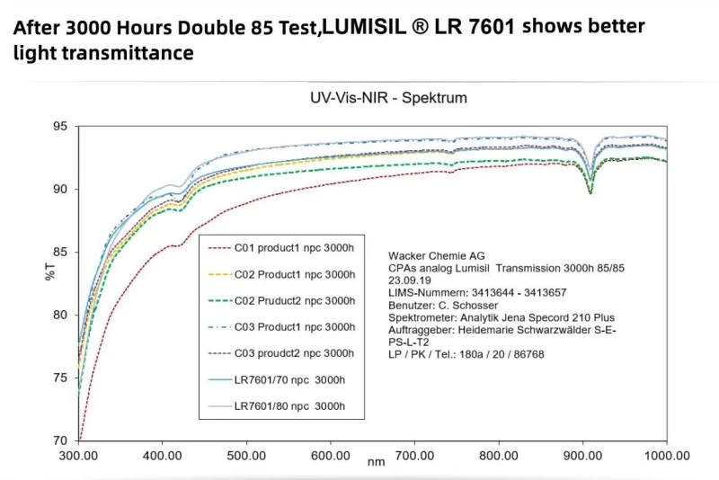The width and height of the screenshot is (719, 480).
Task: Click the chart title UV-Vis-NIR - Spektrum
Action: (375, 97)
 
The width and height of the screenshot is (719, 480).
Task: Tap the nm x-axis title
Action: (375, 462)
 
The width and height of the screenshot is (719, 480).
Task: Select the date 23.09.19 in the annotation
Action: (410, 280)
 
